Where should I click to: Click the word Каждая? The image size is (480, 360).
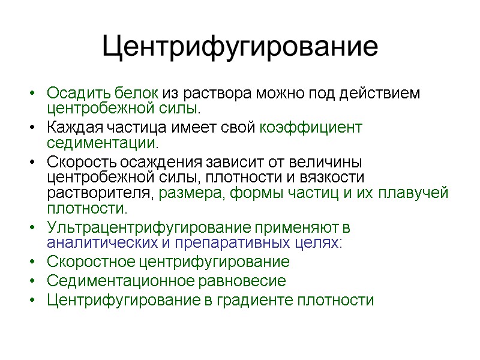coord(73,128)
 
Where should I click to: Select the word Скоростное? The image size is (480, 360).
coord(91,262)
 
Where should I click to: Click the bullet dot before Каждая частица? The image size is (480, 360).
coord(31,128)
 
